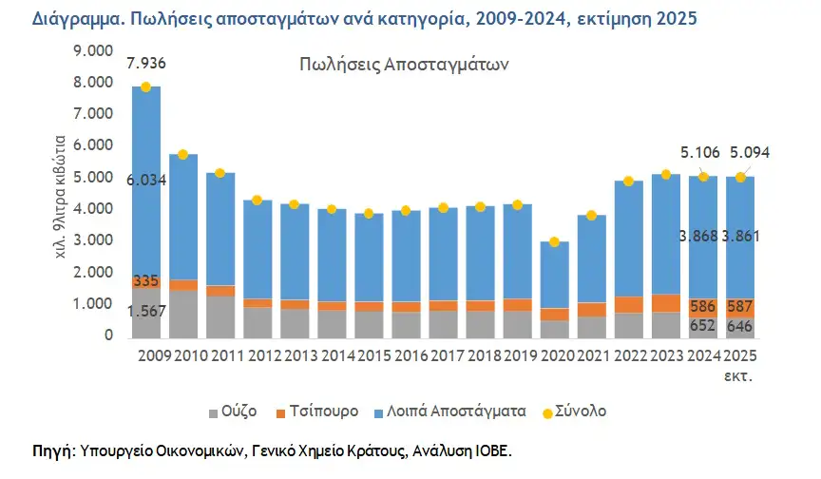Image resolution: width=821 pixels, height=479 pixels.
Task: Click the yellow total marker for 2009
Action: coord(145,87)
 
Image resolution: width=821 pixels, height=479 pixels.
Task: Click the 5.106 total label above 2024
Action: coord(700,151)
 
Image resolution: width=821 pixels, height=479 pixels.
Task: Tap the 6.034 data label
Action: coord(151,179)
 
